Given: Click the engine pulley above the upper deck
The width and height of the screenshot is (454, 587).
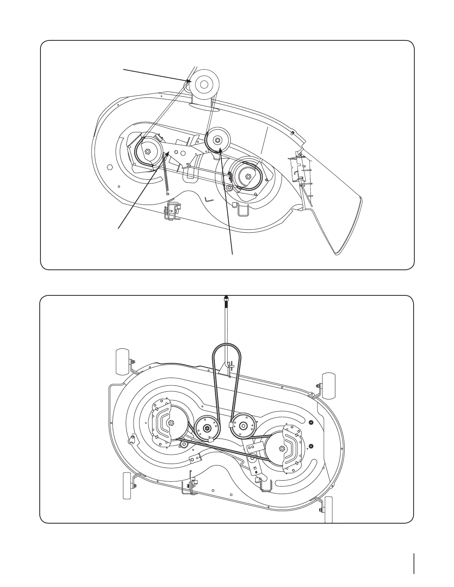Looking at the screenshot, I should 203,84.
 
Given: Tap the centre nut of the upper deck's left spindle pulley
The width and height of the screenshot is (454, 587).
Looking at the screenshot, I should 148,151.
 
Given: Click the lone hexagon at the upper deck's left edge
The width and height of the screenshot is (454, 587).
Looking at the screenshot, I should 109,167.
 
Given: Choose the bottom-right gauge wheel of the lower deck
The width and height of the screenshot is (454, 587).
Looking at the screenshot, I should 329,510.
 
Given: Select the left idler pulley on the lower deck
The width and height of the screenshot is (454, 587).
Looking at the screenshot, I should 207,428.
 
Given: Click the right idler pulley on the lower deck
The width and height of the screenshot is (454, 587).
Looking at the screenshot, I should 244,425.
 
